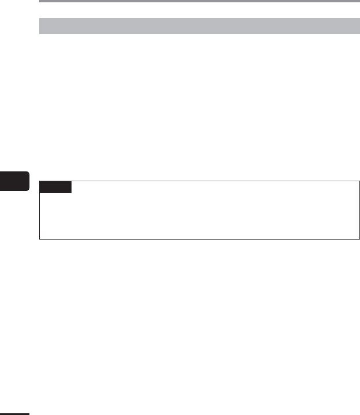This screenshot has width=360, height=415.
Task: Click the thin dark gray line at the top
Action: pos(199,2)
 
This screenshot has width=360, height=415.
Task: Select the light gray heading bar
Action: pos(199,26)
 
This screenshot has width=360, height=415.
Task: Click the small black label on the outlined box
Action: pos(55,186)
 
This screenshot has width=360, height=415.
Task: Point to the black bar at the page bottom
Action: pos(14,413)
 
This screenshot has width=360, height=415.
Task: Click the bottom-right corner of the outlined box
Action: pos(359,238)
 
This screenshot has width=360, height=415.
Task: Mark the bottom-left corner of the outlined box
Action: pos(39,238)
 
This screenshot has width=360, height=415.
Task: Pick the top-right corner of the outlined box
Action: pos(359,181)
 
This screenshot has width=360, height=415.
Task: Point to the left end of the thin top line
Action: pos(40,2)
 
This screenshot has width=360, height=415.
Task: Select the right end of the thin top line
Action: pos(358,2)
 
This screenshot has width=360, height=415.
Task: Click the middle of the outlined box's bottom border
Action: pos(199,238)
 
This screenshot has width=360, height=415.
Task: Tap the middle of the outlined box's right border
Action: pos(359,210)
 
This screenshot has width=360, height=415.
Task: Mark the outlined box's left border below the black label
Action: pos(39,216)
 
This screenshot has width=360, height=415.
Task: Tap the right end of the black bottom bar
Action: pos(27,413)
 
